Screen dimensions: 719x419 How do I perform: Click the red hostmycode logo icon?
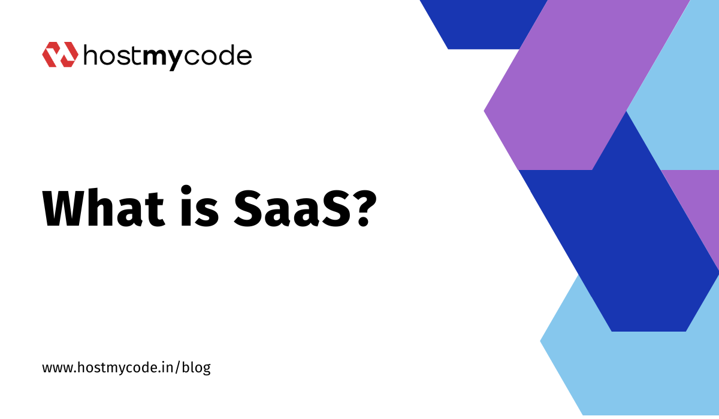(x=60, y=54)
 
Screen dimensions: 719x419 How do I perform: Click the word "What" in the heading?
(x=104, y=208)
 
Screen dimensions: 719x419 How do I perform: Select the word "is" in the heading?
(x=200, y=206)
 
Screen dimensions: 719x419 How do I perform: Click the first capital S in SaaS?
(x=251, y=208)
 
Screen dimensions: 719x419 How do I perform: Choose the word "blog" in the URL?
(x=196, y=368)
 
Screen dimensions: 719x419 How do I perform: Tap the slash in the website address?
(x=177, y=368)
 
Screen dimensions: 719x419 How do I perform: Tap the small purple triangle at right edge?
(x=700, y=205)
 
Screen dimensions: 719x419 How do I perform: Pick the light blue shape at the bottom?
(x=629, y=369)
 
